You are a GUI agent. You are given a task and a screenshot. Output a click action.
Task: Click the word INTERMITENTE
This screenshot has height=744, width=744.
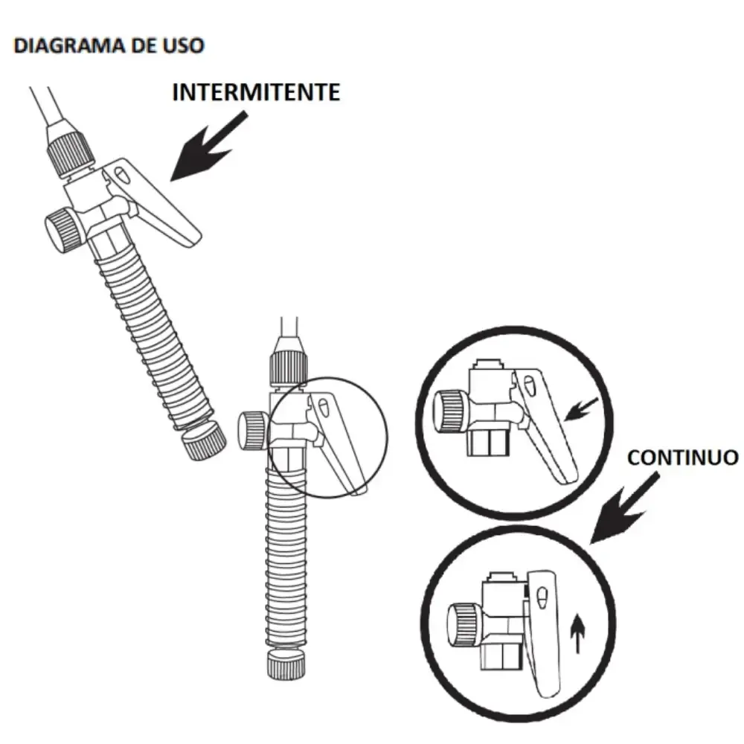tap(256, 92)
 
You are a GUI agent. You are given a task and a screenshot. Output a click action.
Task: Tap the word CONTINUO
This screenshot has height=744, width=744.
tap(683, 458)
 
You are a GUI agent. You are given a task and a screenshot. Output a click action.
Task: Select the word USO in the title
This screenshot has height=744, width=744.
tap(184, 45)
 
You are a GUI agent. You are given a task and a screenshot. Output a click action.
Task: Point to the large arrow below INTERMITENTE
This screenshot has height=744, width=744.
tap(209, 147)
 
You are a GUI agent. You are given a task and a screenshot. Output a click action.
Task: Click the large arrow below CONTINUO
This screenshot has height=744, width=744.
tap(625, 507)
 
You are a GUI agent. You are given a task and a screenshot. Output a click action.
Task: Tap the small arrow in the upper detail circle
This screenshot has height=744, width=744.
tap(581, 409)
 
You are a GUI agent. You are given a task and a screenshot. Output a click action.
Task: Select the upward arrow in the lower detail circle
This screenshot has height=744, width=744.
tap(577, 633)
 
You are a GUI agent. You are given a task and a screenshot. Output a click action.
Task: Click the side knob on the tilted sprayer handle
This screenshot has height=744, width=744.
tap(62, 231)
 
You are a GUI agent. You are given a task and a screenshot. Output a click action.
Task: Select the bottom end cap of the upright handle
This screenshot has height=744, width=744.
tap(286, 664)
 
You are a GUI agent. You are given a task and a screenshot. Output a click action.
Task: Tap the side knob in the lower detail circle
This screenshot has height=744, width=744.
tap(464, 626)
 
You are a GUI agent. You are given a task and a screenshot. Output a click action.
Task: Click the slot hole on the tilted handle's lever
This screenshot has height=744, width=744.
tap(123, 175)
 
